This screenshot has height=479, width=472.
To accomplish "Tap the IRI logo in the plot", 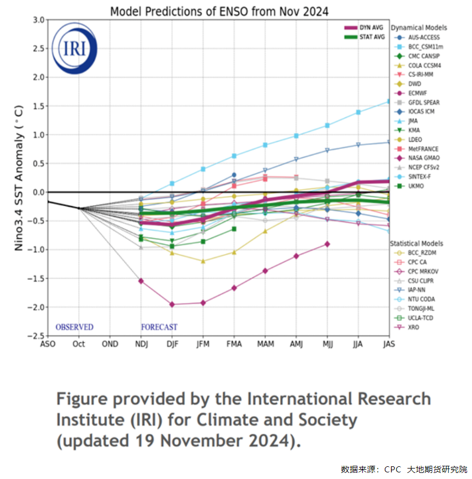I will (x=74, y=49).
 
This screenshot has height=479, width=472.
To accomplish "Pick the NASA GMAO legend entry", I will (x=423, y=158).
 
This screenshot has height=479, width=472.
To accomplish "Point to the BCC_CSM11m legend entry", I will (x=425, y=46).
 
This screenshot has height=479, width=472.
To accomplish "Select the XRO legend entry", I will (x=414, y=327).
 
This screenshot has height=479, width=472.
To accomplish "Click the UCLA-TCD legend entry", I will (x=421, y=318).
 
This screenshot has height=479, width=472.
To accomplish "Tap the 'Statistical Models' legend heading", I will (x=416, y=243).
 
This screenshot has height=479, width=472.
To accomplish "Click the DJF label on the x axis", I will (x=173, y=344).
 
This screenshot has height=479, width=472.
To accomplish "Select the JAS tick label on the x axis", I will (x=389, y=344).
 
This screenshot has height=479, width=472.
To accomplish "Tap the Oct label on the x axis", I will (x=79, y=344).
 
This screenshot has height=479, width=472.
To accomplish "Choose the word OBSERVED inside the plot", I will (x=74, y=327).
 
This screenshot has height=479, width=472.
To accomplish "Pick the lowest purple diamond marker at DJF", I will (x=173, y=304).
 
